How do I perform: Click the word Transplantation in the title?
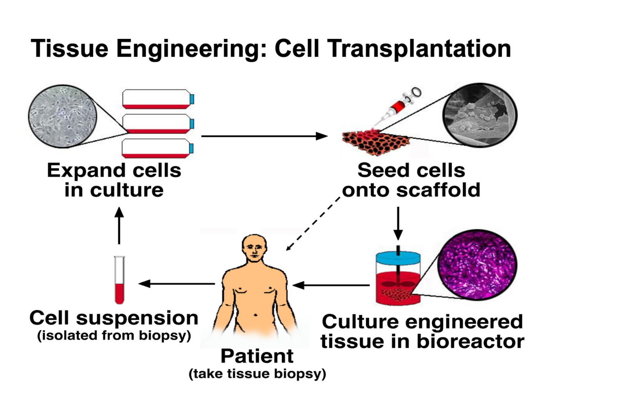point(419,49)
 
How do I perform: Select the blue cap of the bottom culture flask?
point(191,148)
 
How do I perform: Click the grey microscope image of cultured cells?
point(62,116)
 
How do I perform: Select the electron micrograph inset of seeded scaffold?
point(480,115)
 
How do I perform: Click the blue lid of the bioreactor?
point(398,258)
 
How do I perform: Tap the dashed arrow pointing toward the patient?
point(313,224)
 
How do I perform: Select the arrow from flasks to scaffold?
point(264,136)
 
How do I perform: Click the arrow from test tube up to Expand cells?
point(119,226)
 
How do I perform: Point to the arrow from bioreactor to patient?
point(330,285)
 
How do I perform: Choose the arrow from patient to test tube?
point(177,284)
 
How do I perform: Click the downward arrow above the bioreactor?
point(398,223)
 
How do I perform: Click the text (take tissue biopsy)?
point(257,374)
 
